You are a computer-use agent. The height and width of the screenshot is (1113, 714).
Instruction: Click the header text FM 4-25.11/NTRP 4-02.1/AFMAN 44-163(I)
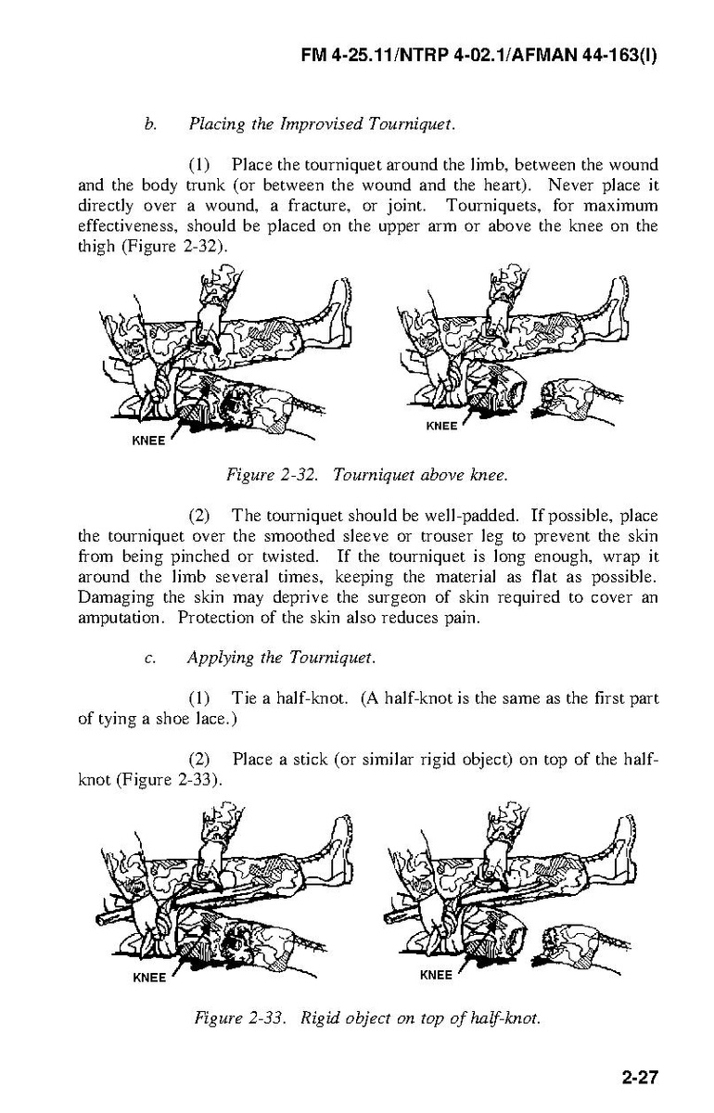coord(479,55)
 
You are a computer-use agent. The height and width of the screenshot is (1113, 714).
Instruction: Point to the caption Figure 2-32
coord(366,476)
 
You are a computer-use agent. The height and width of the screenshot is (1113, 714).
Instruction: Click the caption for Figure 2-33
coord(366,1017)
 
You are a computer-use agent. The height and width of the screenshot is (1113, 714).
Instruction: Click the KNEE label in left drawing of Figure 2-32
coord(148,441)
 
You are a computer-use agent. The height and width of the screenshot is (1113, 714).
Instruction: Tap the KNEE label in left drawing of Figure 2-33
coord(148,978)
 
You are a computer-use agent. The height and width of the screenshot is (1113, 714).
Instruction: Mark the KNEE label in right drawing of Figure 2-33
coord(436,975)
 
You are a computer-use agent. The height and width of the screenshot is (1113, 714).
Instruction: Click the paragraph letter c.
coord(149,659)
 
